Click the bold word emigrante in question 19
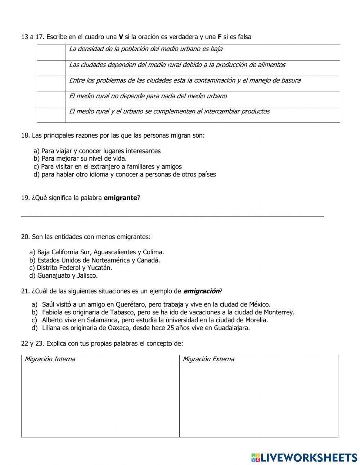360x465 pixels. [120, 198]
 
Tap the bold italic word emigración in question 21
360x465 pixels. [201, 291]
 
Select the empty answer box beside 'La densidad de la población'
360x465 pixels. [51, 53]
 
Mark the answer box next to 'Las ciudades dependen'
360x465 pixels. [51, 68]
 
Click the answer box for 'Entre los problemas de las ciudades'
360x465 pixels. [51, 84]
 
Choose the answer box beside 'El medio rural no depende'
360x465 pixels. [51, 99]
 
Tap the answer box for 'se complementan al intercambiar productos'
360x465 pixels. [51, 115]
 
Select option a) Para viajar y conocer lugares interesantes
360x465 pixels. [97, 151]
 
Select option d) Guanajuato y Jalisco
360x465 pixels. [63, 276]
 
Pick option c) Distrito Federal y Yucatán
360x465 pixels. [71, 268]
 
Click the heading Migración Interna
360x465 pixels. [50, 359]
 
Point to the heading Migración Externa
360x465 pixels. [208, 359]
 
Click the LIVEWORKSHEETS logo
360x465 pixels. [304, 457]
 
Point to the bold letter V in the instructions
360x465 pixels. [121, 37]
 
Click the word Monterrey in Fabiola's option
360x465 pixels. [279, 312]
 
